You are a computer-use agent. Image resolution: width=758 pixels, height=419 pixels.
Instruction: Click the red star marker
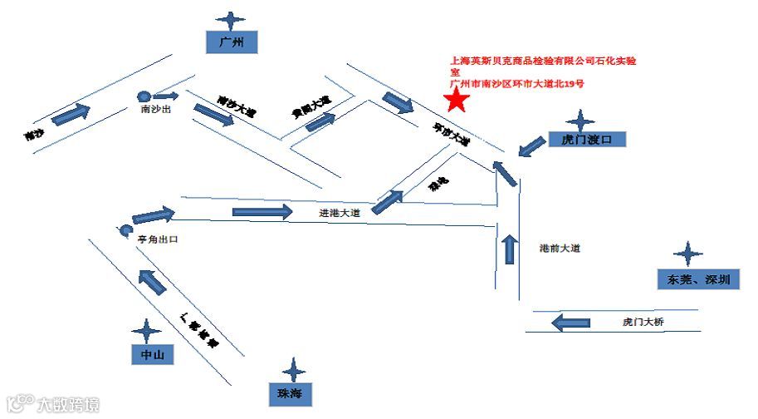tap(456, 101)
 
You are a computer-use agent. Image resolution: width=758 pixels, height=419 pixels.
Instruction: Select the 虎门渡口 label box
tap(586, 141)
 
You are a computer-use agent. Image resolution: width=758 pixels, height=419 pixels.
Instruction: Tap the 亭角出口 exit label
tap(158, 239)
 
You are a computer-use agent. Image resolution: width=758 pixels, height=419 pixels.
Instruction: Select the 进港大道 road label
tap(340, 213)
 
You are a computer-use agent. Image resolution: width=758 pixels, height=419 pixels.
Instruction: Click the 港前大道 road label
tap(559, 249)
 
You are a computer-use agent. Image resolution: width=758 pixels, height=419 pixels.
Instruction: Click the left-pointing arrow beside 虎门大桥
tap(570, 321)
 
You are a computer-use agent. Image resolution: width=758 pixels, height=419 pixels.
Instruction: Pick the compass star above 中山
tap(147, 331)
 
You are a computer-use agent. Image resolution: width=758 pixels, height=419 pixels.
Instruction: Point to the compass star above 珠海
tap(293, 369)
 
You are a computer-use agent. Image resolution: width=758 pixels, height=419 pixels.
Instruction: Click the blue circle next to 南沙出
tap(143, 96)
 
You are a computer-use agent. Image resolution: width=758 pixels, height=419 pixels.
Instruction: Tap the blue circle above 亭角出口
tap(125, 229)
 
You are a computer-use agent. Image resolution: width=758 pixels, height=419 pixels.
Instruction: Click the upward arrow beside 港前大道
tap(509, 249)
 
